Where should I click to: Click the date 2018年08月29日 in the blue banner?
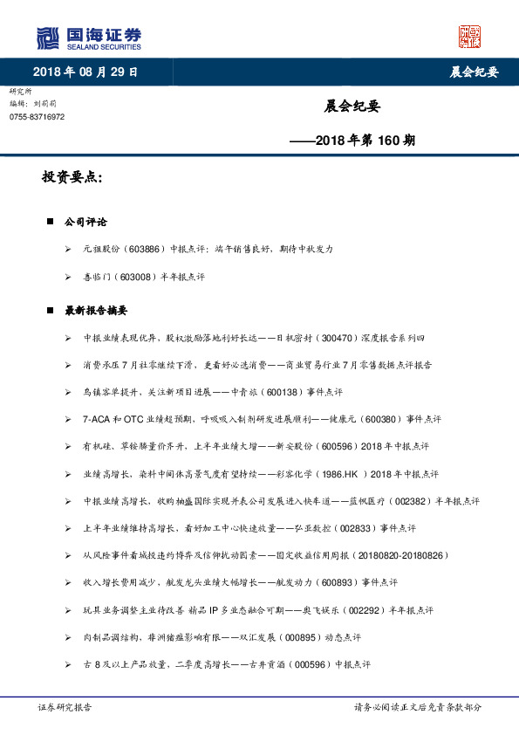pyautogui.click(x=85, y=72)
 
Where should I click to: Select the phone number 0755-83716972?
pyautogui.click(x=38, y=116)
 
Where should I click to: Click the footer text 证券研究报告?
pyautogui.click(x=65, y=706)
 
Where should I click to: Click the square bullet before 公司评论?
pyautogui.click(x=51, y=223)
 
